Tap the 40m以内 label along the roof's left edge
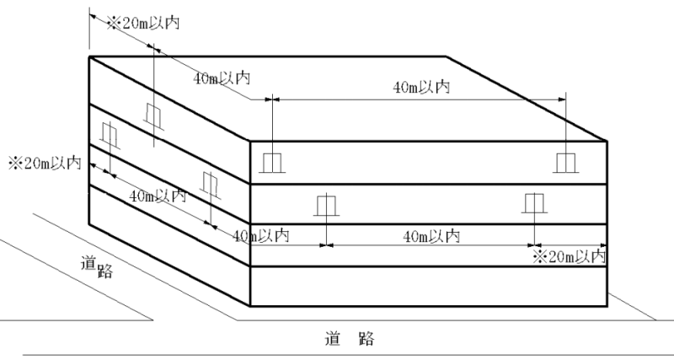pos(222,78)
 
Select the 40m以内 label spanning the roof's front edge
pos(421,86)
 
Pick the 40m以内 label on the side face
pos(158,196)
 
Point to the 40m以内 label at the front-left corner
pos(261,235)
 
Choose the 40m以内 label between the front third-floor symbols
pos(431,236)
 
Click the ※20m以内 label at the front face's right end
pos(570,255)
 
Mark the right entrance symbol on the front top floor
pos(564,162)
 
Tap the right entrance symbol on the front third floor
pos(533,204)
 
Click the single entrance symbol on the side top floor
pos(153,115)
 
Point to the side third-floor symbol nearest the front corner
pos(211,183)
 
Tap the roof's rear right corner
pos(447,56)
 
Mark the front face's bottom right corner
pos(609,307)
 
